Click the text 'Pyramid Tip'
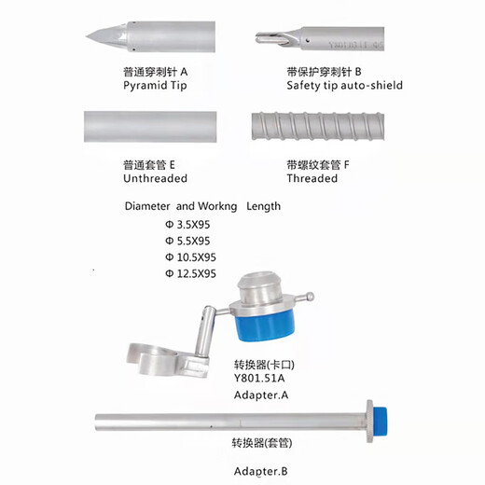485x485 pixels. (x=155, y=85)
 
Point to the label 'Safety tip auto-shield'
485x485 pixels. (x=344, y=85)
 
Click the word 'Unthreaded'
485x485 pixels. (x=155, y=178)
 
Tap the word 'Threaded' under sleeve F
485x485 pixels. (x=312, y=178)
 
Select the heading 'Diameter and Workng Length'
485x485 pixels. (x=201, y=206)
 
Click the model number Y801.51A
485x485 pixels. (x=256, y=379)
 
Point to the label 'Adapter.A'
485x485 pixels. (x=257, y=395)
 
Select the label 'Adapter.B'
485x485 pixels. (x=257, y=471)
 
